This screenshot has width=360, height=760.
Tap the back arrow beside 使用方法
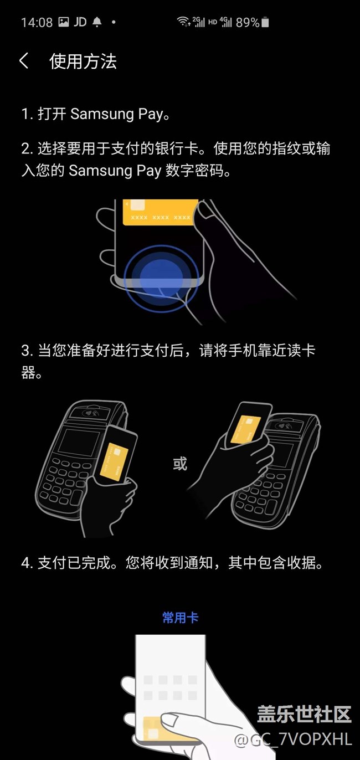pyautogui.click(x=24, y=61)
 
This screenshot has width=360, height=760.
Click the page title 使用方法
pyautogui.click(x=83, y=61)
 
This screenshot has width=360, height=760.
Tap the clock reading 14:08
pyautogui.click(x=37, y=23)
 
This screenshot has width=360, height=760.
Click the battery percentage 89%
pyautogui.click(x=248, y=23)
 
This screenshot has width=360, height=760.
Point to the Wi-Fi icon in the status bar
pyautogui.click(x=183, y=22)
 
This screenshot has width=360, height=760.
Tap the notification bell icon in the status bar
pyautogui.click(x=97, y=22)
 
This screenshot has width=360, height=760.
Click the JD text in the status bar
pyautogui.click(x=80, y=22)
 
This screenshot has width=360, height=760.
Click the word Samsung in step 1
pyautogui.click(x=102, y=114)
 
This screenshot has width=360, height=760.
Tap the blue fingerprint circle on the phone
pyautogui.click(x=161, y=274)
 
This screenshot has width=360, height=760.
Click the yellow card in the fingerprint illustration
pyautogui.click(x=161, y=212)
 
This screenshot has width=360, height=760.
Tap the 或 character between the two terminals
pyautogui.click(x=180, y=464)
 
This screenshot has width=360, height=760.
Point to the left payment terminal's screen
pyautogui.click(x=79, y=443)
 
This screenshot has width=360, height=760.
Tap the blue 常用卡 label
pyautogui.click(x=180, y=618)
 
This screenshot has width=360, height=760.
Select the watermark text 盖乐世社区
pyautogui.click(x=304, y=713)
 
